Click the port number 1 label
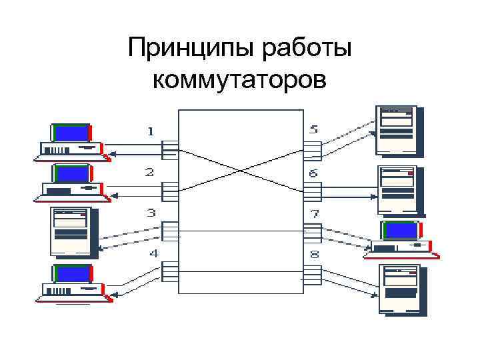[151, 132]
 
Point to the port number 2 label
[151, 172]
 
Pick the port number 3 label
[151, 213]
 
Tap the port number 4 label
[153, 253]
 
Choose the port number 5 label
[313, 129]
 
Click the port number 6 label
[313, 173]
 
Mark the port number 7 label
[314, 215]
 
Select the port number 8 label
[314, 255]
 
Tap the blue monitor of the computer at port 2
[71, 174]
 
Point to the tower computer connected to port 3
[71, 231]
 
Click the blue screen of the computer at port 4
[71, 273]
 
